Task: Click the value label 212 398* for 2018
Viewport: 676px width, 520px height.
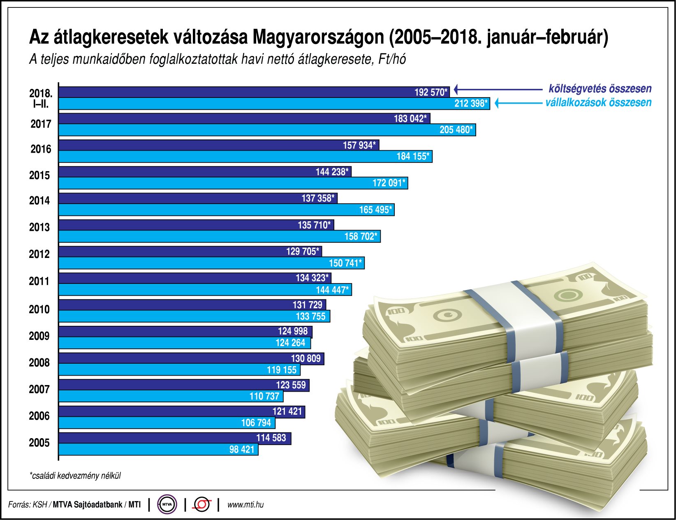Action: tap(471, 103)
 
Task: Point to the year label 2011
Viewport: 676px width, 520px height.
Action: tap(39, 281)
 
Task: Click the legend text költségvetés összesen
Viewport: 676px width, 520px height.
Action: tap(600, 88)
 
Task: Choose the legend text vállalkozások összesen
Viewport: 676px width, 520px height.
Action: tap(598, 102)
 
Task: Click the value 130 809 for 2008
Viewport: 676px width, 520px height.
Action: tap(306, 358)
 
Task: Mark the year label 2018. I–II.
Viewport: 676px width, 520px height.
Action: tap(41, 98)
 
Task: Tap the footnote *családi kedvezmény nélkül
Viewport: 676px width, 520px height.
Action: tap(75, 476)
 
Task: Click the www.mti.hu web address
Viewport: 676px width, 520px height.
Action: tap(245, 504)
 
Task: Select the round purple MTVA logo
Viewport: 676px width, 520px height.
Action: tap(167, 504)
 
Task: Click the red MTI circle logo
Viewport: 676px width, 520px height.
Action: tap(202, 504)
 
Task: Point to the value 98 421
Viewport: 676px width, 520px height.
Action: tap(242, 449)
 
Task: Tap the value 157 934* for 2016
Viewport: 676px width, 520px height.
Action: tap(359, 145)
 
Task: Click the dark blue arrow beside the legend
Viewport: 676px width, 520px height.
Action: tap(498, 89)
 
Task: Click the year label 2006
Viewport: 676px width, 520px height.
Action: tap(39, 416)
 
